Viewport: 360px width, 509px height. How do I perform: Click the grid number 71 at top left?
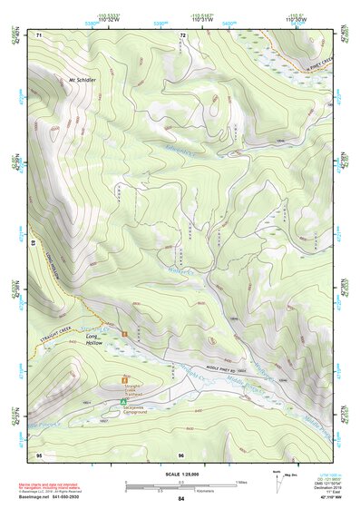(x=39, y=34)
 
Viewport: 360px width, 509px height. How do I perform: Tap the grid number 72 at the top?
(x=182, y=35)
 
